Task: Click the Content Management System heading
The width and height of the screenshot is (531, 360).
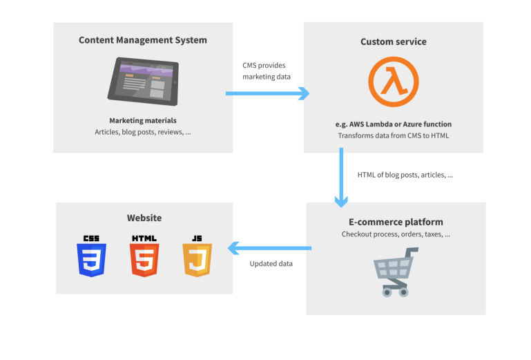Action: coord(142,40)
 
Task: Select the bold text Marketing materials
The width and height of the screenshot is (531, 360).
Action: coord(142,120)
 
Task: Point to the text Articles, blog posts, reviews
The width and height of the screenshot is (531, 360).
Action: coord(142,132)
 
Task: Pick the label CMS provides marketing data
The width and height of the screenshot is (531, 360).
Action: coord(267,70)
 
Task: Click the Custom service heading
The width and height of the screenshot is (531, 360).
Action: coord(393,41)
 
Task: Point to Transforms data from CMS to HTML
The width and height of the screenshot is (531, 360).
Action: coord(393,135)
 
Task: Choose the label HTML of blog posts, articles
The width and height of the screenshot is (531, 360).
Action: coord(405,175)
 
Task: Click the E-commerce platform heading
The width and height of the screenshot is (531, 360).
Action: coord(396,222)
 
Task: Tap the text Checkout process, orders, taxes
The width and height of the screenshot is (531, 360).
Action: coord(396,234)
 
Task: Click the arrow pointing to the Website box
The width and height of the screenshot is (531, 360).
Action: coord(269,248)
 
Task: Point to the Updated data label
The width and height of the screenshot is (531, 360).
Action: coord(271,263)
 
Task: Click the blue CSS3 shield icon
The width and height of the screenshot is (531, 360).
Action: coord(91,256)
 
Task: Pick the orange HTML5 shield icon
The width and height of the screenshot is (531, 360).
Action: coord(144,256)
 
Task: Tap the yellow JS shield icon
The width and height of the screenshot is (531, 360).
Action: coord(197,256)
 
